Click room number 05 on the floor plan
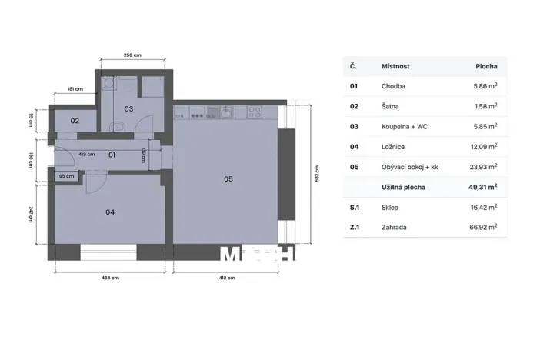click(228, 179)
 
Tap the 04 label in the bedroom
click(110, 212)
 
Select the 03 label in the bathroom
click(129, 109)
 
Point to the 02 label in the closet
click(75, 122)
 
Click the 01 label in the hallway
click(112, 155)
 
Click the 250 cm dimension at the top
click(133, 55)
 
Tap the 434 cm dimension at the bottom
click(109, 278)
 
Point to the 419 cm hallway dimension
click(87, 154)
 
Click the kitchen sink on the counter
click(225, 113)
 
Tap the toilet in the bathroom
click(117, 128)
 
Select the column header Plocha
click(485, 67)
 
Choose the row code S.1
click(355, 207)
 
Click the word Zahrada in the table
click(395, 227)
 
